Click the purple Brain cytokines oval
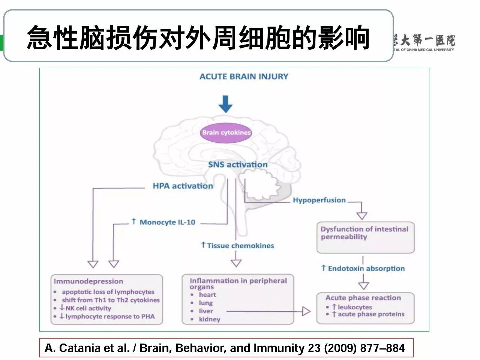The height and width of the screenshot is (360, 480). (x=226, y=133)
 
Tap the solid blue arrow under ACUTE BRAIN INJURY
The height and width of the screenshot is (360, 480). (x=225, y=104)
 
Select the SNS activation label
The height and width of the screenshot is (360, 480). (x=238, y=164)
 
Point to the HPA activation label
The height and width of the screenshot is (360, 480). (x=183, y=186)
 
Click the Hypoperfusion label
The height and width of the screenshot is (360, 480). (x=319, y=200)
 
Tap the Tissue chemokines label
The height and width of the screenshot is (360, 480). (x=238, y=246)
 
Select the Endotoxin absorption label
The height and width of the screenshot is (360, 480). (x=363, y=268)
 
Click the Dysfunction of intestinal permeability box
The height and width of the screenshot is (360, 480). (x=365, y=238)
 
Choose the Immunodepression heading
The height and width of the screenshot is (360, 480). (x=88, y=281)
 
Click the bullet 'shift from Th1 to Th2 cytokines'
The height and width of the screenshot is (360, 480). (x=111, y=300)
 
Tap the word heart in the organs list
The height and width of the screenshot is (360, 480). (x=207, y=295)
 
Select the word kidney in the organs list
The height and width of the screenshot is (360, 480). (x=209, y=319)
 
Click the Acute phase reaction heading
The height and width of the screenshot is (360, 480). (x=363, y=298)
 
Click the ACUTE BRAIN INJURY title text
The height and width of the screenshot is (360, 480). (x=244, y=77)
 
